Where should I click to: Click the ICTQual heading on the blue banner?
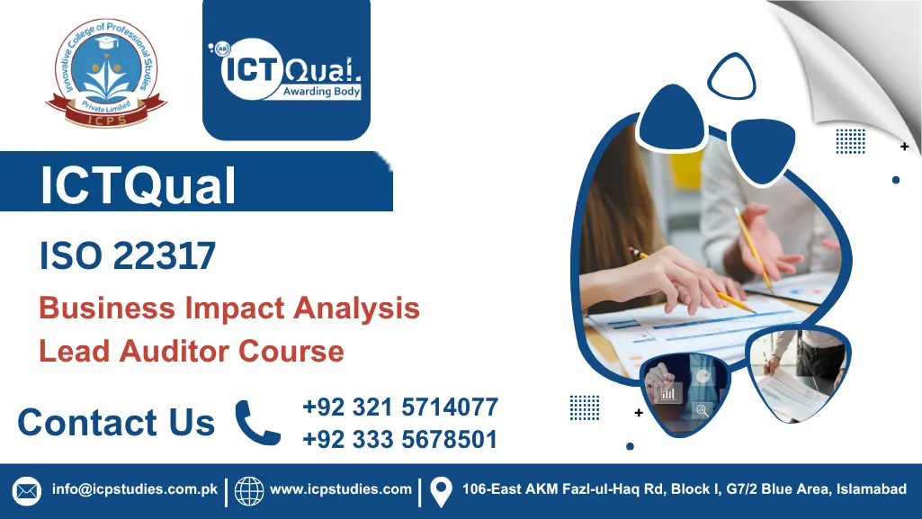point(138,184)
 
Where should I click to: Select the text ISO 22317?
point(128,257)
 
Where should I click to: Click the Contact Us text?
point(116,422)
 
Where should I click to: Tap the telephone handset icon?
point(257,422)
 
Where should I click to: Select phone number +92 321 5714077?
point(400,407)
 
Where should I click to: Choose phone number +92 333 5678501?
point(400,439)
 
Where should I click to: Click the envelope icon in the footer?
point(27,491)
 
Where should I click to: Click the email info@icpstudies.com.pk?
point(135,490)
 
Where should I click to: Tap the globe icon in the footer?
point(249,491)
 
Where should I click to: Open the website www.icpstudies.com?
point(341,490)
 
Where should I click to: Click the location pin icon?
point(440,491)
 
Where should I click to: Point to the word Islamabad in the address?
point(872,490)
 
